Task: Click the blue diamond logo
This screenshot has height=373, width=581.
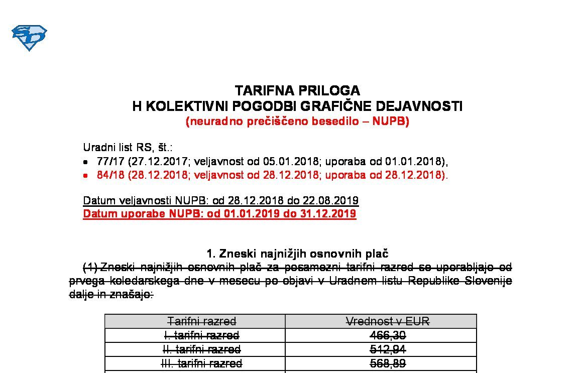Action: tap(29, 38)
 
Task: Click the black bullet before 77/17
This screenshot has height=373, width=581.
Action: tap(86, 162)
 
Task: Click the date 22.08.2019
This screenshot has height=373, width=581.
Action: tap(329, 201)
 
